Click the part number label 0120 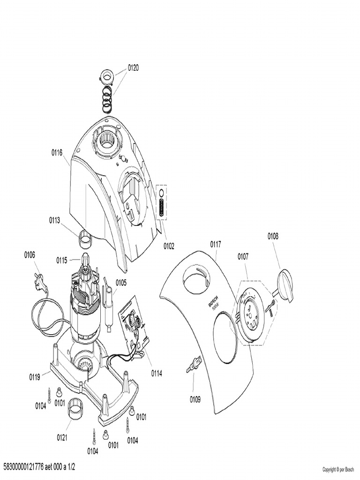[133, 67]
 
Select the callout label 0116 [57, 152]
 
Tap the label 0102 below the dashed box [169, 245]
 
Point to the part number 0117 [216, 244]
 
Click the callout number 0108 [273, 236]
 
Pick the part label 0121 [62, 438]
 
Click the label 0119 [35, 376]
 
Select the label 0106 [30, 255]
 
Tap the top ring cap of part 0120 [107, 75]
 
